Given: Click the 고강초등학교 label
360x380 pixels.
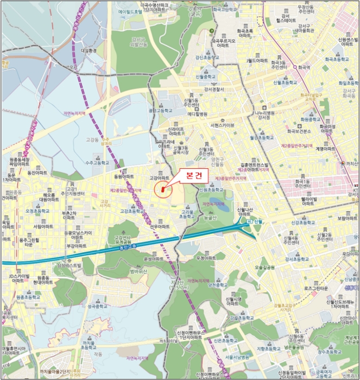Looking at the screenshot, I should coord(131,211).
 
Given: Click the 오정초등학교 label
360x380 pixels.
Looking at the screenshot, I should coord(37,211).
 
